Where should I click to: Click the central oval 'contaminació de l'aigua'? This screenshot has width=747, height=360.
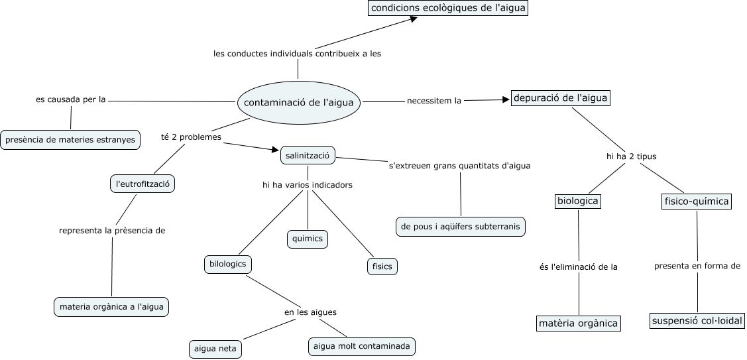pos(300,103)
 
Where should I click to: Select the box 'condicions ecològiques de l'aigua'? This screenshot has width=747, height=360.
pos(448,8)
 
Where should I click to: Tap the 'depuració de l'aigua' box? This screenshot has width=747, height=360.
pos(560,98)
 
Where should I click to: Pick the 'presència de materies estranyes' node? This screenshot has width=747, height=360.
pos(70,139)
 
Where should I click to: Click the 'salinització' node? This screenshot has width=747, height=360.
pos(308,155)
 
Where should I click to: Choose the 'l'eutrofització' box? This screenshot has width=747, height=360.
pos(143,184)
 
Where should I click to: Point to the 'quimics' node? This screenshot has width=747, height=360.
pos(308,239)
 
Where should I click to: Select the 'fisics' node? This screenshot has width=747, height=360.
pos(381,267)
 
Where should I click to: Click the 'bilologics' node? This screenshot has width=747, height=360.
pos(227,264)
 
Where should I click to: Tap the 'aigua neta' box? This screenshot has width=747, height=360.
pos(214,348)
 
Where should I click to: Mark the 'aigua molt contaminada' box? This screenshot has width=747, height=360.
pos(363,345)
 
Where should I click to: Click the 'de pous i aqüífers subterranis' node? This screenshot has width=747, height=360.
pos(461,226)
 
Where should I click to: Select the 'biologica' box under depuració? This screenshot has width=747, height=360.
pos(577,201)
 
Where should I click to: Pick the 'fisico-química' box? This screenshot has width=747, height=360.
pos(696,201)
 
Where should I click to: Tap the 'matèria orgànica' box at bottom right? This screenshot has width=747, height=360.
pos(578,324)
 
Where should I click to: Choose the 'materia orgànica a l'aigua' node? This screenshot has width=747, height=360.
pos(111,307)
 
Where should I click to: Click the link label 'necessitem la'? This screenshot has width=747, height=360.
pos(433,101)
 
